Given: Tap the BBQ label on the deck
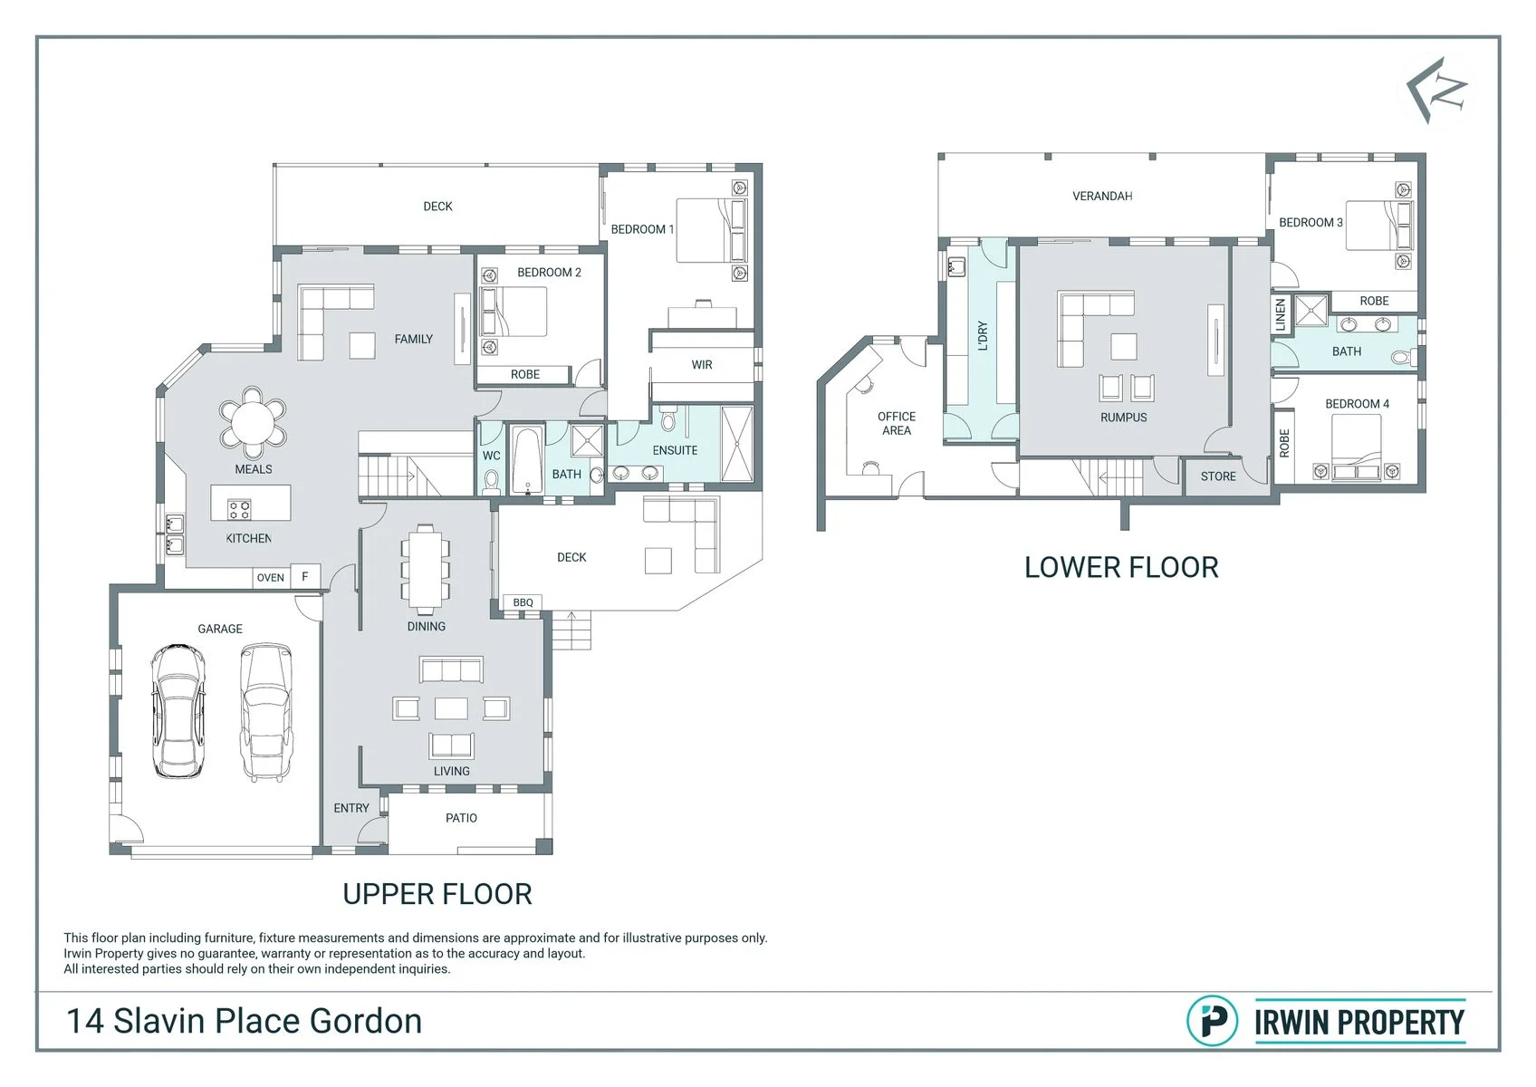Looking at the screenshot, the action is point(523,602).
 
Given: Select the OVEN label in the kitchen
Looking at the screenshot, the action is point(270,577).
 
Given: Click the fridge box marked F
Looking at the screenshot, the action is point(305,576).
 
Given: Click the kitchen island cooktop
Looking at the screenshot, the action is point(239,509).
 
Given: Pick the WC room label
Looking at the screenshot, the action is point(491,456).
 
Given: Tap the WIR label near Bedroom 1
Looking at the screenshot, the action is point(702,365).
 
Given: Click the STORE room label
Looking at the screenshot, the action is point(1218,476).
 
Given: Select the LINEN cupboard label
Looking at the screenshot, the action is point(1280,315).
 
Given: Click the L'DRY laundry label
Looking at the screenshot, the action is point(982,336).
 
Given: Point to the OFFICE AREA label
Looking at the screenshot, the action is point(897,423).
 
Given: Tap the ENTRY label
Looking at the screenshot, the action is point(351,808).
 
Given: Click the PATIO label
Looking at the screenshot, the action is point(461,817).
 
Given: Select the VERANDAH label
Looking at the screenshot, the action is point(1102,197).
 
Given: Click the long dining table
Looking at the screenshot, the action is point(425,569).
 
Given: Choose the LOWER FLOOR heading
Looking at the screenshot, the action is point(1121,567).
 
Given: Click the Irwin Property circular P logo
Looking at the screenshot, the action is point(1213,1021).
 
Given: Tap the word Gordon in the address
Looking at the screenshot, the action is point(366,1021).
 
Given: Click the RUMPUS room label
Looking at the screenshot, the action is point(1123,417).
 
